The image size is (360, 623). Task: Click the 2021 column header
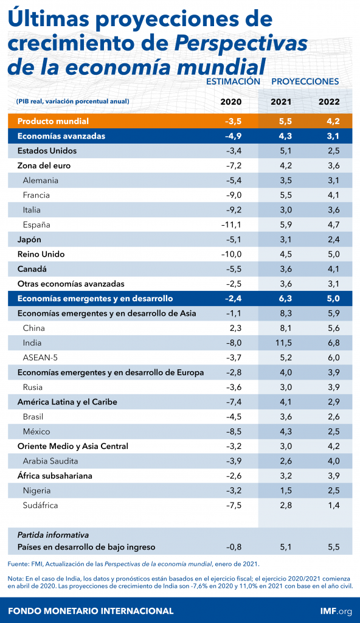click(x=281, y=102)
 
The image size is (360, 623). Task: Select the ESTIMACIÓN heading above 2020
click(x=234, y=82)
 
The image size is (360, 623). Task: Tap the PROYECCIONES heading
click(x=305, y=82)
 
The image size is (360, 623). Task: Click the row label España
click(x=36, y=225)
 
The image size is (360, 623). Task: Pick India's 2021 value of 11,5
click(x=283, y=343)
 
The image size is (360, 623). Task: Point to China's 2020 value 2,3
click(x=235, y=328)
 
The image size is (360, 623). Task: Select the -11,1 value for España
click(x=231, y=225)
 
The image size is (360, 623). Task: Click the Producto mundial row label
click(x=54, y=121)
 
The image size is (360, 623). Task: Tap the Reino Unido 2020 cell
click(x=231, y=254)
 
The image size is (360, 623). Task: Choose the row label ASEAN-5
click(x=40, y=358)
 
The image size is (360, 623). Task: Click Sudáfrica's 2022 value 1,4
click(x=334, y=506)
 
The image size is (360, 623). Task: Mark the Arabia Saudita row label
click(x=50, y=461)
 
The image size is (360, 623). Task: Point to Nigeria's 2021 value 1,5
click(x=286, y=491)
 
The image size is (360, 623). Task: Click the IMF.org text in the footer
click(x=336, y=611)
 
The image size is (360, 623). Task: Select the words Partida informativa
click(x=54, y=535)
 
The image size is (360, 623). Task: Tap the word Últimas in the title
click(x=49, y=19)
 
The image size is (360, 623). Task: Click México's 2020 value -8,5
click(x=234, y=431)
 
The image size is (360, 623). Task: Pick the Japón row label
click(x=29, y=240)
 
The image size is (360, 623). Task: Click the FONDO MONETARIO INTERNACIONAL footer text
click(x=91, y=611)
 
